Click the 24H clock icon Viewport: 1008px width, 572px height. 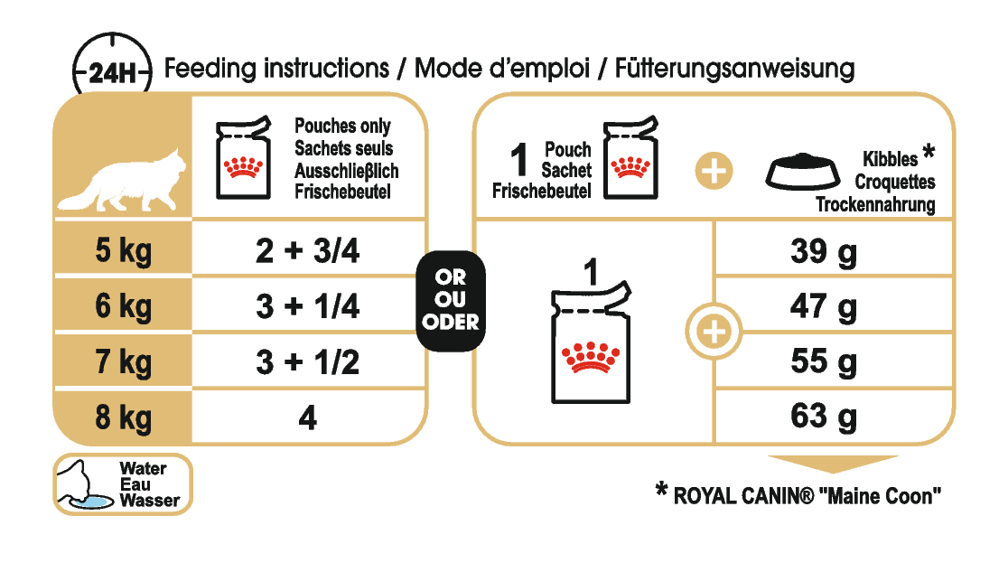(x=111, y=68)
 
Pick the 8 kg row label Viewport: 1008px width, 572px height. (x=124, y=418)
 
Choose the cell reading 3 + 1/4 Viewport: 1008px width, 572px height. (x=307, y=307)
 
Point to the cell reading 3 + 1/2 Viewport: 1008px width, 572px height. (x=307, y=362)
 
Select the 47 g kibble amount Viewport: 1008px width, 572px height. (x=823, y=307)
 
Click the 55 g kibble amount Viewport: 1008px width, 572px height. (x=823, y=362)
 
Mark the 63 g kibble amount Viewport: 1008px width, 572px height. (x=823, y=417)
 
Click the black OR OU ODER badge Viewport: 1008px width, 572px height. (x=450, y=300)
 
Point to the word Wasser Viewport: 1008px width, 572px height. (x=148, y=500)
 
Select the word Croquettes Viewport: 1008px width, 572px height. (x=894, y=182)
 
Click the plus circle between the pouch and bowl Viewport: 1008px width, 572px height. (x=713, y=170)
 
